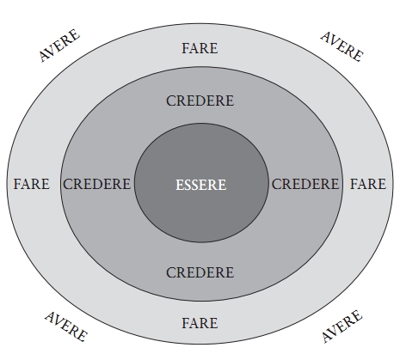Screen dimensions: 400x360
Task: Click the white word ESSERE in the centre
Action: [201, 185]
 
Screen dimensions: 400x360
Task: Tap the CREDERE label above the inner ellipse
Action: [200, 101]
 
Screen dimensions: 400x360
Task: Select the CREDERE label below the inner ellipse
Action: [200, 272]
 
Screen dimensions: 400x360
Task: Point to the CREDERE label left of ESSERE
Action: [97, 184]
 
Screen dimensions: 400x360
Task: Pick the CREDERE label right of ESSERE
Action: [305, 184]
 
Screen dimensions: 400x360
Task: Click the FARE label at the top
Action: [200, 48]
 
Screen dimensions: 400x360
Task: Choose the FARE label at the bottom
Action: [200, 323]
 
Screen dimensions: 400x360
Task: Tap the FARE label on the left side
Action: [32, 184]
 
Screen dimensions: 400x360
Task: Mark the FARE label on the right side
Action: [368, 184]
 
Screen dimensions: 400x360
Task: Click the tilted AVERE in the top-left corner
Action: [59, 46]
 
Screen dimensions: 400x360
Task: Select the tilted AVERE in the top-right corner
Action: [342, 46]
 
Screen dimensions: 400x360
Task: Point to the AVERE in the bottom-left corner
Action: [66, 326]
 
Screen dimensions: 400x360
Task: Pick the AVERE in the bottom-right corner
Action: [342, 326]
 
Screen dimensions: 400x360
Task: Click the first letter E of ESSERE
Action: [179, 185]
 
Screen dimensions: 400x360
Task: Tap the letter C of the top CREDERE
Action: [171, 101]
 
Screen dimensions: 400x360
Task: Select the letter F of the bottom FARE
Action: [185, 323]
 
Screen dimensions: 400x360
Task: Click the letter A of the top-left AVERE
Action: [44, 56]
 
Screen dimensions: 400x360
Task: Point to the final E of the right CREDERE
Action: [335, 184]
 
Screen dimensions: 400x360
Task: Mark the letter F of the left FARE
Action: [17, 184]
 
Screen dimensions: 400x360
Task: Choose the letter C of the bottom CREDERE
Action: [171, 272]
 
